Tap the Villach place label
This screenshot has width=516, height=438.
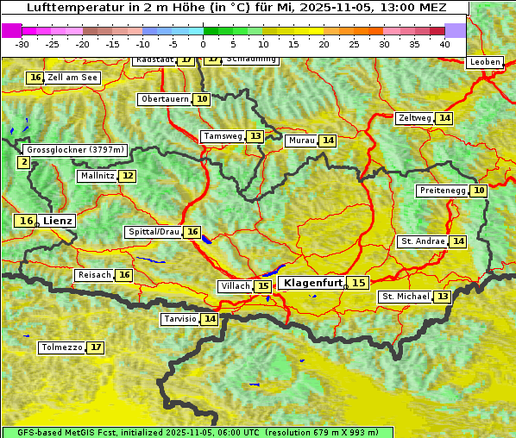236,286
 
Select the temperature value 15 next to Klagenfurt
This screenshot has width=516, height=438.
358,283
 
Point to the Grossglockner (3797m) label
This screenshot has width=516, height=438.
75,150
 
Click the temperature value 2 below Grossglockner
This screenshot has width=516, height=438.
23,161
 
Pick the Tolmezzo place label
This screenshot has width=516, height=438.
62,348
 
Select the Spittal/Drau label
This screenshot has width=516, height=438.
154,232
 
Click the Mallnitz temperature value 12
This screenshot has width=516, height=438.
128,176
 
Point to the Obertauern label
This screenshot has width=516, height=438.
165,99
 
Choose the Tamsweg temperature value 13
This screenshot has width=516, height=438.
255,136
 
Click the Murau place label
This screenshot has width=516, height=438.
301,141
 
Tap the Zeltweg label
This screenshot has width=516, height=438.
415,118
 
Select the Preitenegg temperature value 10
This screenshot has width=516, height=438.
478,191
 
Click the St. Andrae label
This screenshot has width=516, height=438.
423,241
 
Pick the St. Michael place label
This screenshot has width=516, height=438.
406,297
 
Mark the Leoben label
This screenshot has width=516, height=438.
484,62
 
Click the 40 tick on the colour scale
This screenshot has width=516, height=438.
444,44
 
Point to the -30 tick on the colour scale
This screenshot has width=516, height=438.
22,44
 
